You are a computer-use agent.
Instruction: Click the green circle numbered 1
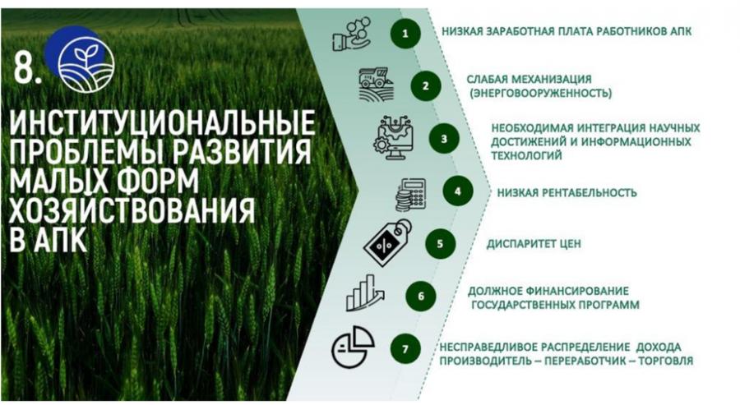coord(405,33)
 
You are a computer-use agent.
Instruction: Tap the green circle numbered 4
coord(458,191)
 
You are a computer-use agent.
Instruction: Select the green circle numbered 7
coord(405,349)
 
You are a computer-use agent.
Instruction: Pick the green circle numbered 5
coord(440,244)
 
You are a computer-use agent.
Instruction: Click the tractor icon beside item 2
coord(376,84)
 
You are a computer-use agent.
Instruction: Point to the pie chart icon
coord(353,347)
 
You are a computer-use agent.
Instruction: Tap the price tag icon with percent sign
coord(387,243)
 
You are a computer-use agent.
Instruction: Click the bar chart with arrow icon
coord(365,292)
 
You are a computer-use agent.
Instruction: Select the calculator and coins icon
coord(410,194)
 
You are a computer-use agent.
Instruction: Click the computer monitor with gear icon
coord(395,138)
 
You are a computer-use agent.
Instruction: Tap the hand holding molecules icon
coord(352,34)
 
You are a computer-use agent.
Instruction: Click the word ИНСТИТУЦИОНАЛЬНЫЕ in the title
coord(162,122)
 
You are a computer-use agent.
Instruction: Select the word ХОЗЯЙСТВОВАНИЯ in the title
coord(132,209)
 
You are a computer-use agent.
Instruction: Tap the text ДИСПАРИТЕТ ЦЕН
coord(534,244)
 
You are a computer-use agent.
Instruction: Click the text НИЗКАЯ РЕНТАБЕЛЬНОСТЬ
coord(567,192)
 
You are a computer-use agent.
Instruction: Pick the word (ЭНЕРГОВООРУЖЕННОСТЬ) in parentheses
coord(540,93)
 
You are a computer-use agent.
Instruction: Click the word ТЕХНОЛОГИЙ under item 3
coord(527,155)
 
